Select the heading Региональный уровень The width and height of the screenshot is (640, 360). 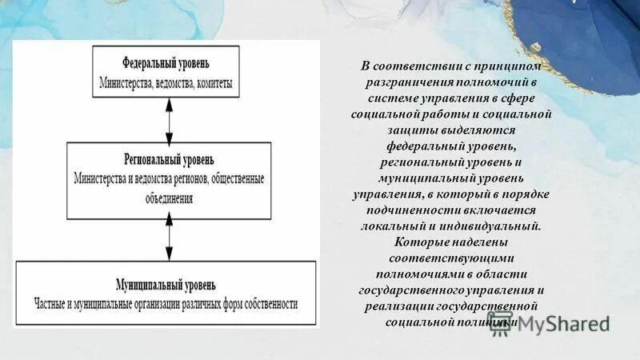(169, 159)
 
